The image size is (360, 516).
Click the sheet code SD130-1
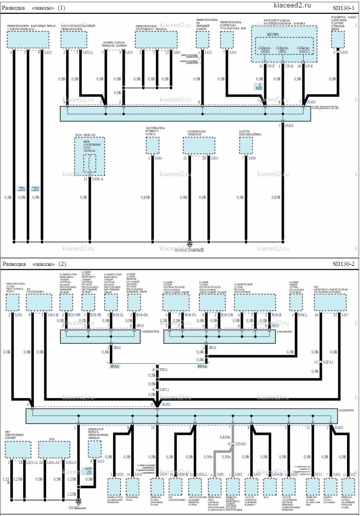[343, 8]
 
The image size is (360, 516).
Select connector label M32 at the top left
[48, 53]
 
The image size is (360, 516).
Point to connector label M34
[233, 53]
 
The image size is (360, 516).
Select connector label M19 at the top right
[344, 53]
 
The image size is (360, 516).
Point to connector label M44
[158, 158]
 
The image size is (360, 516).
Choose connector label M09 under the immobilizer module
[252, 158]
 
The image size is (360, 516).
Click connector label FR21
[164, 370]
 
